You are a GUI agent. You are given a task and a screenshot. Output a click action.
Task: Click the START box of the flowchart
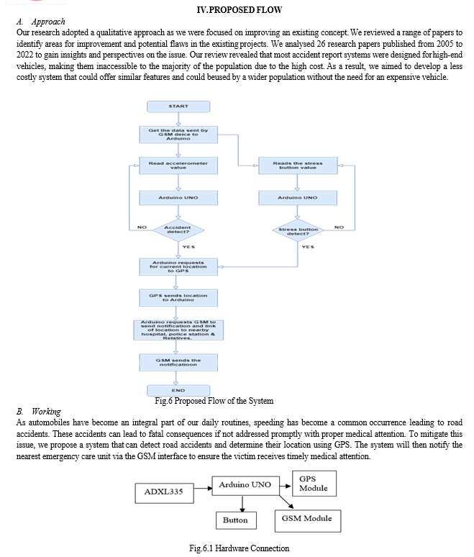pyautogui.click(x=178, y=107)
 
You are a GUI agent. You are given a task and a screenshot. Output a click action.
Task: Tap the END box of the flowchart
pyautogui.click(x=178, y=390)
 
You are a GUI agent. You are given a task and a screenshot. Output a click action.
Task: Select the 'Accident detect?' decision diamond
pyautogui.click(x=178, y=230)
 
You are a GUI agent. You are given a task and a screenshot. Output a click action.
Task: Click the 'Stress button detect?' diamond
pyautogui.click(x=298, y=230)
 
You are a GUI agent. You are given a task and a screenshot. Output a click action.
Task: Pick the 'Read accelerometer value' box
pyautogui.click(x=178, y=166)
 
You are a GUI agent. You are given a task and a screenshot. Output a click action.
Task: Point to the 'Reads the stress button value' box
pyautogui.click(x=298, y=166)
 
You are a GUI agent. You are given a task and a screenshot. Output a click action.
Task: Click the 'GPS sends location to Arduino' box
pyautogui.click(x=178, y=298)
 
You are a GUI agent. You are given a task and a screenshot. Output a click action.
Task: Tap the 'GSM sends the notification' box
pyautogui.click(x=178, y=362)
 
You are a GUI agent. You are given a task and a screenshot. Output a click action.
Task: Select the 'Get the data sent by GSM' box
pyautogui.click(x=178, y=135)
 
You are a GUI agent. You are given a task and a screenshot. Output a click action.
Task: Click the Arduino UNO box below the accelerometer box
pyautogui.click(x=178, y=198)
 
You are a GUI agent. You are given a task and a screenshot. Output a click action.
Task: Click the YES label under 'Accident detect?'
pyautogui.click(x=188, y=247)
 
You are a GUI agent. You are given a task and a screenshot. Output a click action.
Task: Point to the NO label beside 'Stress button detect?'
pyautogui.click(x=339, y=227)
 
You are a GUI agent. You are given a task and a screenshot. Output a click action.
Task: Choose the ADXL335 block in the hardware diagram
pyautogui.click(x=165, y=493)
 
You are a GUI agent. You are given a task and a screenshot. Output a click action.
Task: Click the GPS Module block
pyautogui.click(x=314, y=484)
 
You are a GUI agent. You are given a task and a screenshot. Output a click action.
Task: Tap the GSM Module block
pyautogui.click(x=308, y=521)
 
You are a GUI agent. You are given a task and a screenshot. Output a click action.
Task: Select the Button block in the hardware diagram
pyautogui.click(x=236, y=520)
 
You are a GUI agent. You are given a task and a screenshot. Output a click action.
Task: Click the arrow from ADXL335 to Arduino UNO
pyautogui.click(x=203, y=488)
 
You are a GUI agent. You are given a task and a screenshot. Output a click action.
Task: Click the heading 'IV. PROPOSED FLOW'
pyautogui.click(x=240, y=9)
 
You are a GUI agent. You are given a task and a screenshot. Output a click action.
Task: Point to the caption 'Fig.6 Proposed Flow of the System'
pyautogui.click(x=214, y=401)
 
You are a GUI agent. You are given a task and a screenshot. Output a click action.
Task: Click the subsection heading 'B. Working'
pyautogui.click(x=38, y=412)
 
